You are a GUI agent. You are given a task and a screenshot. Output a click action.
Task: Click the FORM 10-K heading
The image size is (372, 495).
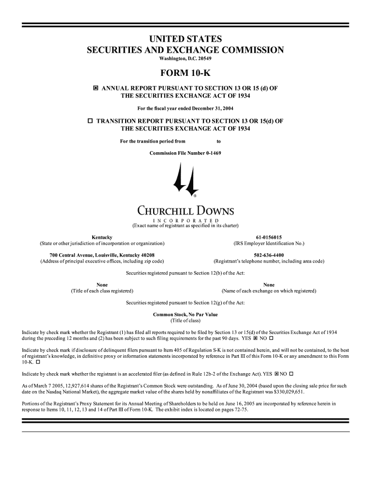[x=186, y=73]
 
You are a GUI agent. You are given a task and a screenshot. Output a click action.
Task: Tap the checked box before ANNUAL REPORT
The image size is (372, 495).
[x=96, y=88]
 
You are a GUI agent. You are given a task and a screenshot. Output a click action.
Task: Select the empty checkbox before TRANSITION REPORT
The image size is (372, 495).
[x=90, y=121]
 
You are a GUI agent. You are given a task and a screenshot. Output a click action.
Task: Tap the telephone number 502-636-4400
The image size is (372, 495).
[x=269, y=255]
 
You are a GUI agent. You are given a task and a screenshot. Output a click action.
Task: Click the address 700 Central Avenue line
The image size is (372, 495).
[x=102, y=255]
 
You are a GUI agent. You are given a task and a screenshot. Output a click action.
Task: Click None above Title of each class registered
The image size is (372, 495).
[x=102, y=285]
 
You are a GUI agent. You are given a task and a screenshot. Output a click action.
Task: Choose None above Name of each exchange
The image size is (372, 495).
[x=269, y=285]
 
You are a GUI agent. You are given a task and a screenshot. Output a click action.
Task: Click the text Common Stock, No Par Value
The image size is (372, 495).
[x=185, y=315]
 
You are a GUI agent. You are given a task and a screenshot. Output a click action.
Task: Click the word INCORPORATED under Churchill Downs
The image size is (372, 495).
[x=186, y=221]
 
